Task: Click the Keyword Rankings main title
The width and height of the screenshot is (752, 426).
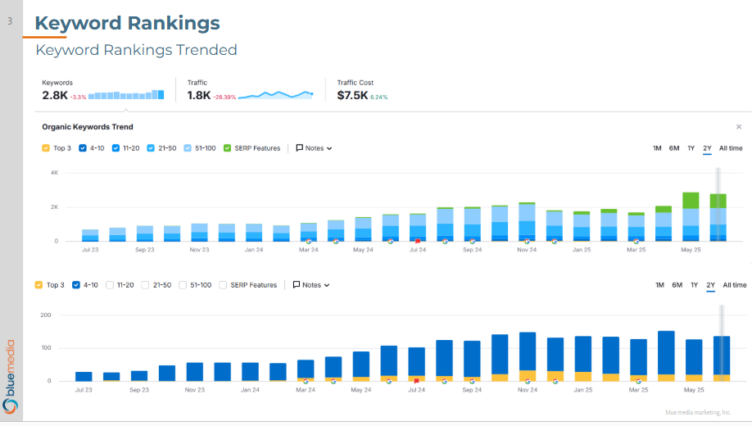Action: click(x=127, y=23)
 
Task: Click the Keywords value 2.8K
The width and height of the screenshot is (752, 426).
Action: click(x=55, y=95)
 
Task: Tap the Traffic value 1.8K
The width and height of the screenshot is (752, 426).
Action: click(x=199, y=95)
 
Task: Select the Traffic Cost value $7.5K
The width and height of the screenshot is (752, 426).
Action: click(x=351, y=95)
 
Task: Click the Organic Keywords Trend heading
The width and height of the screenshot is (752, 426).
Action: click(x=88, y=127)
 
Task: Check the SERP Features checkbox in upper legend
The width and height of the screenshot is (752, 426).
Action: click(x=227, y=148)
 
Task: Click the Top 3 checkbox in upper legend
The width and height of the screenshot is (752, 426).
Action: click(x=45, y=148)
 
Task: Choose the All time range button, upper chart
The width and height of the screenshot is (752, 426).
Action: click(x=731, y=148)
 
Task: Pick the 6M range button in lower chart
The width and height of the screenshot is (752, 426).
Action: click(x=677, y=285)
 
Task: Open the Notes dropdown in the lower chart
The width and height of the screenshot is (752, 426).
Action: click(x=311, y=285)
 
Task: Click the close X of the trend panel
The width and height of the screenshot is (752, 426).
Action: click(x=738, y=127)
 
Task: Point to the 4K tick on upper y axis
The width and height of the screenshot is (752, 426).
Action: click(x=54, y=173)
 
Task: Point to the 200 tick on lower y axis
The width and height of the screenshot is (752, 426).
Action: click(x=46, y=315)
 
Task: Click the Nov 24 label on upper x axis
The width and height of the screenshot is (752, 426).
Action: click(x=526, y=249)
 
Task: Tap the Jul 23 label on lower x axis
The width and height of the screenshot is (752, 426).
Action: click(x=84, y=390)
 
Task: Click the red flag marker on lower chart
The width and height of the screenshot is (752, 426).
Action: click(x=416, y=381)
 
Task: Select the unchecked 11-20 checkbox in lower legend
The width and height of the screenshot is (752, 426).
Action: click(x=111, y=285)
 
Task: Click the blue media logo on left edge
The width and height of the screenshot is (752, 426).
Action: click(x=11, y=376)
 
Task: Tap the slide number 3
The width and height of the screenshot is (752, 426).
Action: click(x=11, y=22)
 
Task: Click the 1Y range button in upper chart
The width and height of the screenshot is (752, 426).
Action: click(x=691, y=148)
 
